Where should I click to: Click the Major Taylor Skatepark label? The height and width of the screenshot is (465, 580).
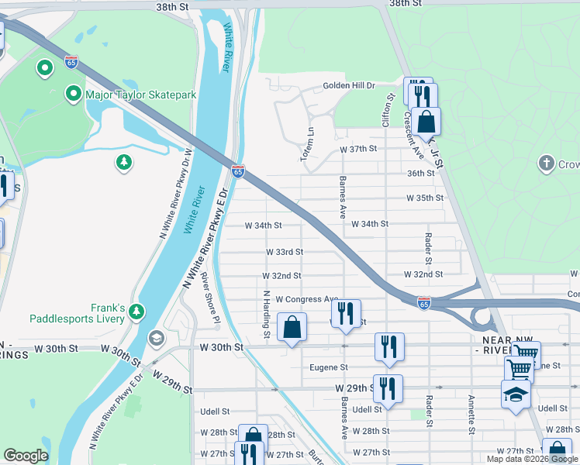[140, 95]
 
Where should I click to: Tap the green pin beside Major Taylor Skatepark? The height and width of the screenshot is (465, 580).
[74, 95]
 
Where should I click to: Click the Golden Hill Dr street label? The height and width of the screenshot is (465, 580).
[349, 85]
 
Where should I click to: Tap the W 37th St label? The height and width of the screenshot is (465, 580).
[357, 148]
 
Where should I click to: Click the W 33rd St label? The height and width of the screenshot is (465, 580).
[284, 252]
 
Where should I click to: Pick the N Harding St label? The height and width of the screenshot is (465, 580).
[266, 315]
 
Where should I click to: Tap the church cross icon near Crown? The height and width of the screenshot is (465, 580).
[547, 164]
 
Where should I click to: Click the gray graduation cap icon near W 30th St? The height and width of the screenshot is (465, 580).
[156, 339]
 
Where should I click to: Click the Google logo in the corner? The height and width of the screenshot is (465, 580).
[26, 456]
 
